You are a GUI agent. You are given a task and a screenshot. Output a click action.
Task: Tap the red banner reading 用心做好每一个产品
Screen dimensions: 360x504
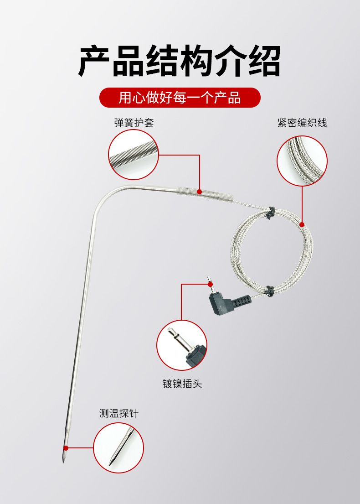[x=180, y=98]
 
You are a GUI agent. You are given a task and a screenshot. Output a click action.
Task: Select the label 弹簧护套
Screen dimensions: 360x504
[x=134, y=122]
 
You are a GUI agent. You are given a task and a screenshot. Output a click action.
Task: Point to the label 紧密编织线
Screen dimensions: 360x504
[x=302, y=122]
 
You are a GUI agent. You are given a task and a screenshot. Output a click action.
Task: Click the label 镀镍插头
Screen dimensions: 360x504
[x=182, y=384]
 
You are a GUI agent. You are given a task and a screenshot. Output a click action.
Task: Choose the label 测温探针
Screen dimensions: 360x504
[x=119, y=413]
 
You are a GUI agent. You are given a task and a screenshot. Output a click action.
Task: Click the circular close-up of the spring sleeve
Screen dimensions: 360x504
[x=134, y=155]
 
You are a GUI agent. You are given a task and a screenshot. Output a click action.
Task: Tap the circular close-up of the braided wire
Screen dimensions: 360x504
[x=302, y=161]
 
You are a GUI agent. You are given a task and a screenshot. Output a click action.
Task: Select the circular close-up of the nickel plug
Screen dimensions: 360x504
[x=182, y=345]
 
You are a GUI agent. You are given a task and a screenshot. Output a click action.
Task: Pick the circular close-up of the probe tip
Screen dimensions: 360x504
[x=118, y=448]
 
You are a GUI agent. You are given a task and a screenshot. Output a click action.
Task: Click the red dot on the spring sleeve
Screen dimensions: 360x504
[x=200, y=192]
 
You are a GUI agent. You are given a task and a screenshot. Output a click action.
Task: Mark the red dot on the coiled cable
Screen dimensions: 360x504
[x=302, y=224]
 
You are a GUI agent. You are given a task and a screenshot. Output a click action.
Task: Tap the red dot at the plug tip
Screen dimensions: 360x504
[x=210, y=284]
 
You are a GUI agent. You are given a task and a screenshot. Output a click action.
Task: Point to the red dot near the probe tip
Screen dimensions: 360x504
[x=66, y=448]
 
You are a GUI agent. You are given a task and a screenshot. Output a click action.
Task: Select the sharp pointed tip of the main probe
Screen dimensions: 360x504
[x=63, y=462]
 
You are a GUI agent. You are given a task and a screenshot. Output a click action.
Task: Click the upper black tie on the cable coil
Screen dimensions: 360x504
[x=270, y=213]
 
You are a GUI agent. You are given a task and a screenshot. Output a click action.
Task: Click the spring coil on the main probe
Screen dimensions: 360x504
[x=204, y=194]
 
